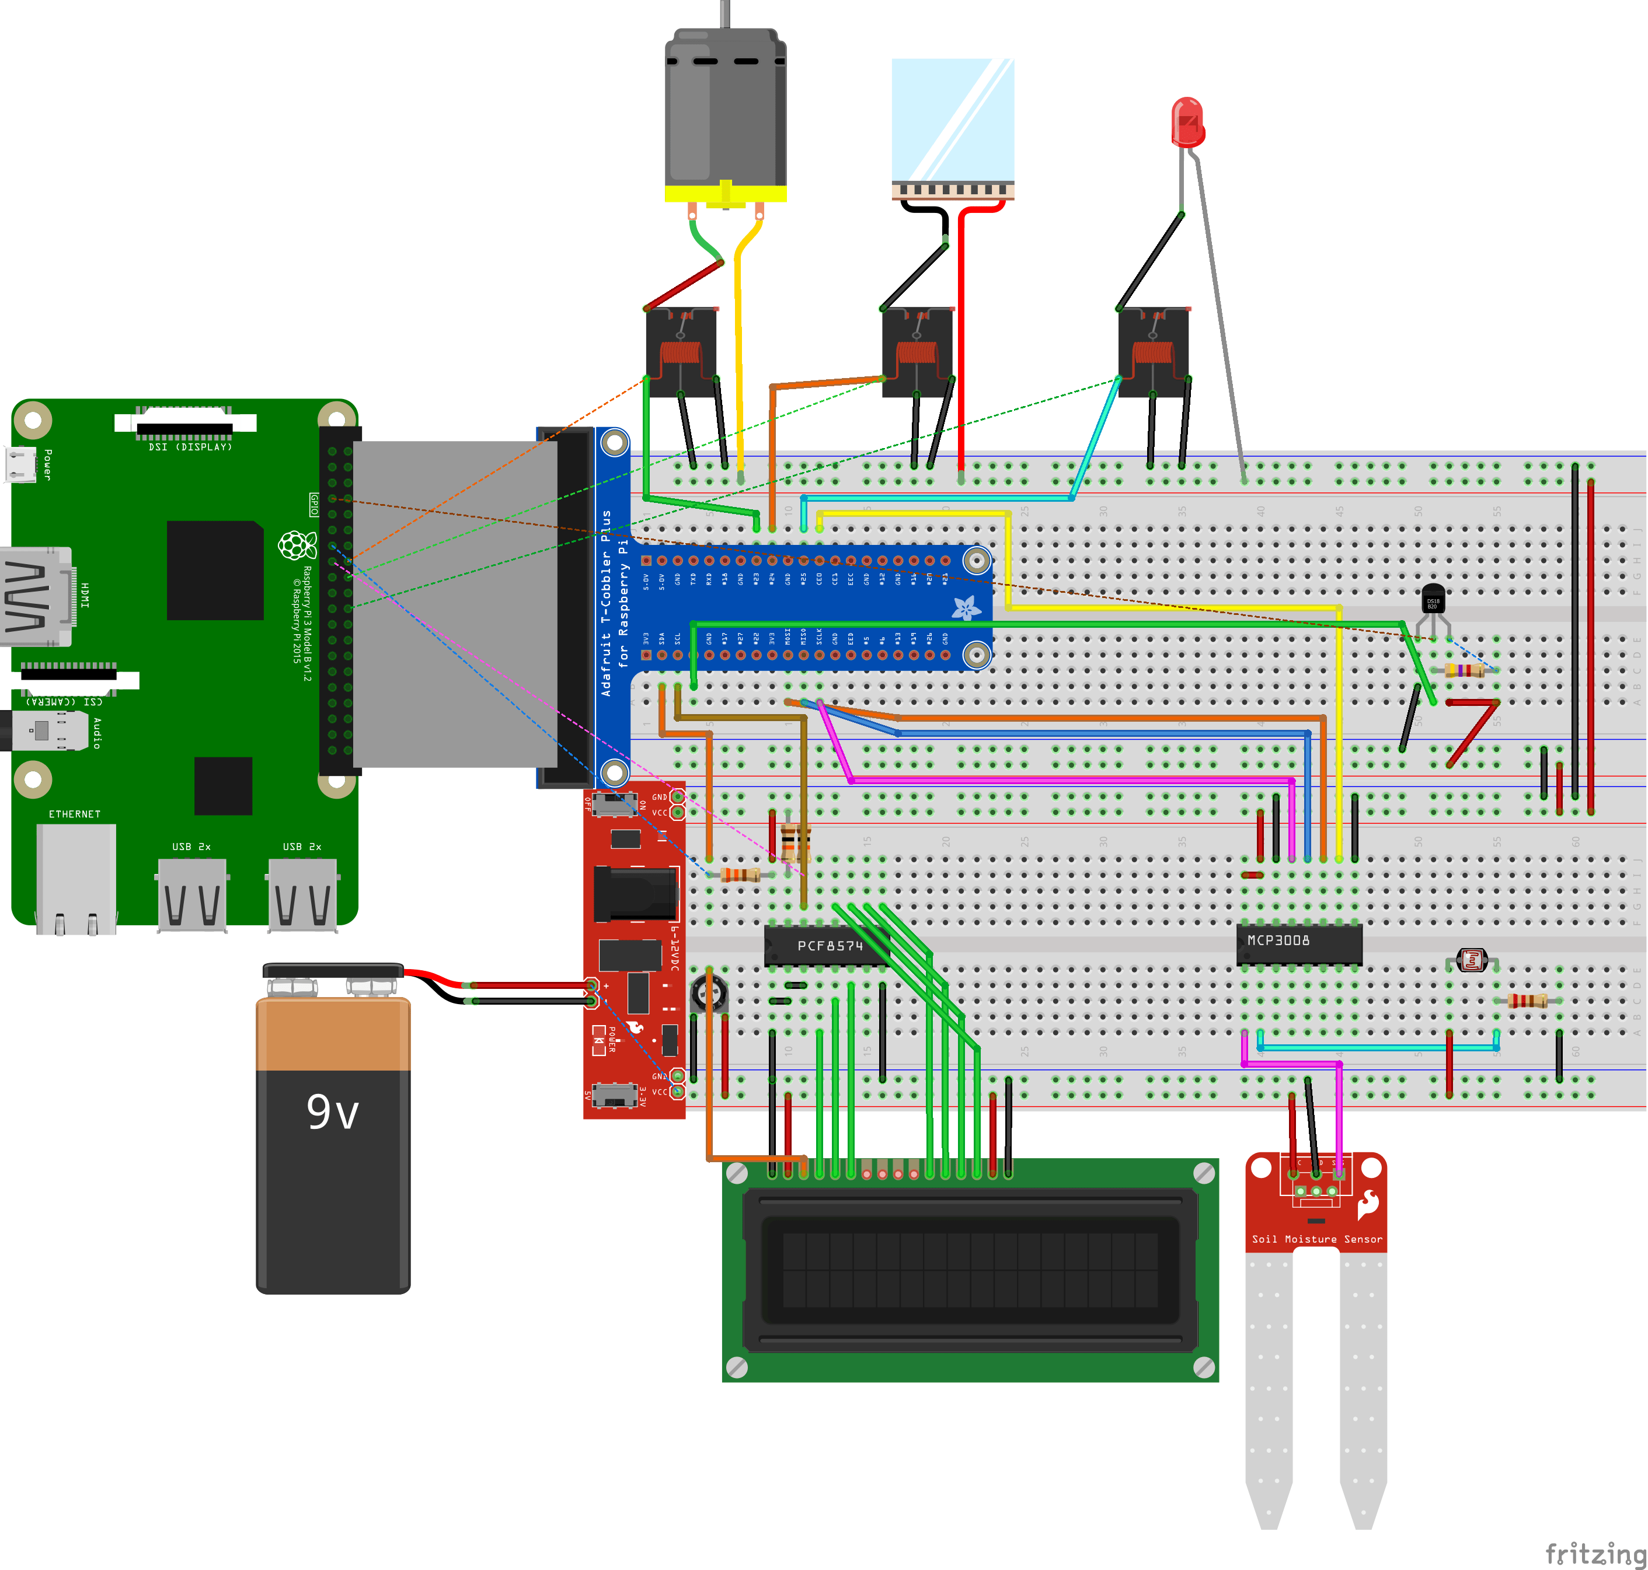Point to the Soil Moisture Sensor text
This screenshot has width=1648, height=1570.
(1316, 1239)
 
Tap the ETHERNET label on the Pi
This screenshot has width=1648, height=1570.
(75, 813)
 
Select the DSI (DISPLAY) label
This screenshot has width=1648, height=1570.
(190, 447)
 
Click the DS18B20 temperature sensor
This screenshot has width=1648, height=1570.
(1433, 599)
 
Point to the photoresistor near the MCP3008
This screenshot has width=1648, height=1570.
(1471, 959)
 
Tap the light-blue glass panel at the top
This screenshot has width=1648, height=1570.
(952, 119)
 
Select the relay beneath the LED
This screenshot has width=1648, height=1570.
(1153, 351)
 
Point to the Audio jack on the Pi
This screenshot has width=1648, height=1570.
(48, 730)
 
